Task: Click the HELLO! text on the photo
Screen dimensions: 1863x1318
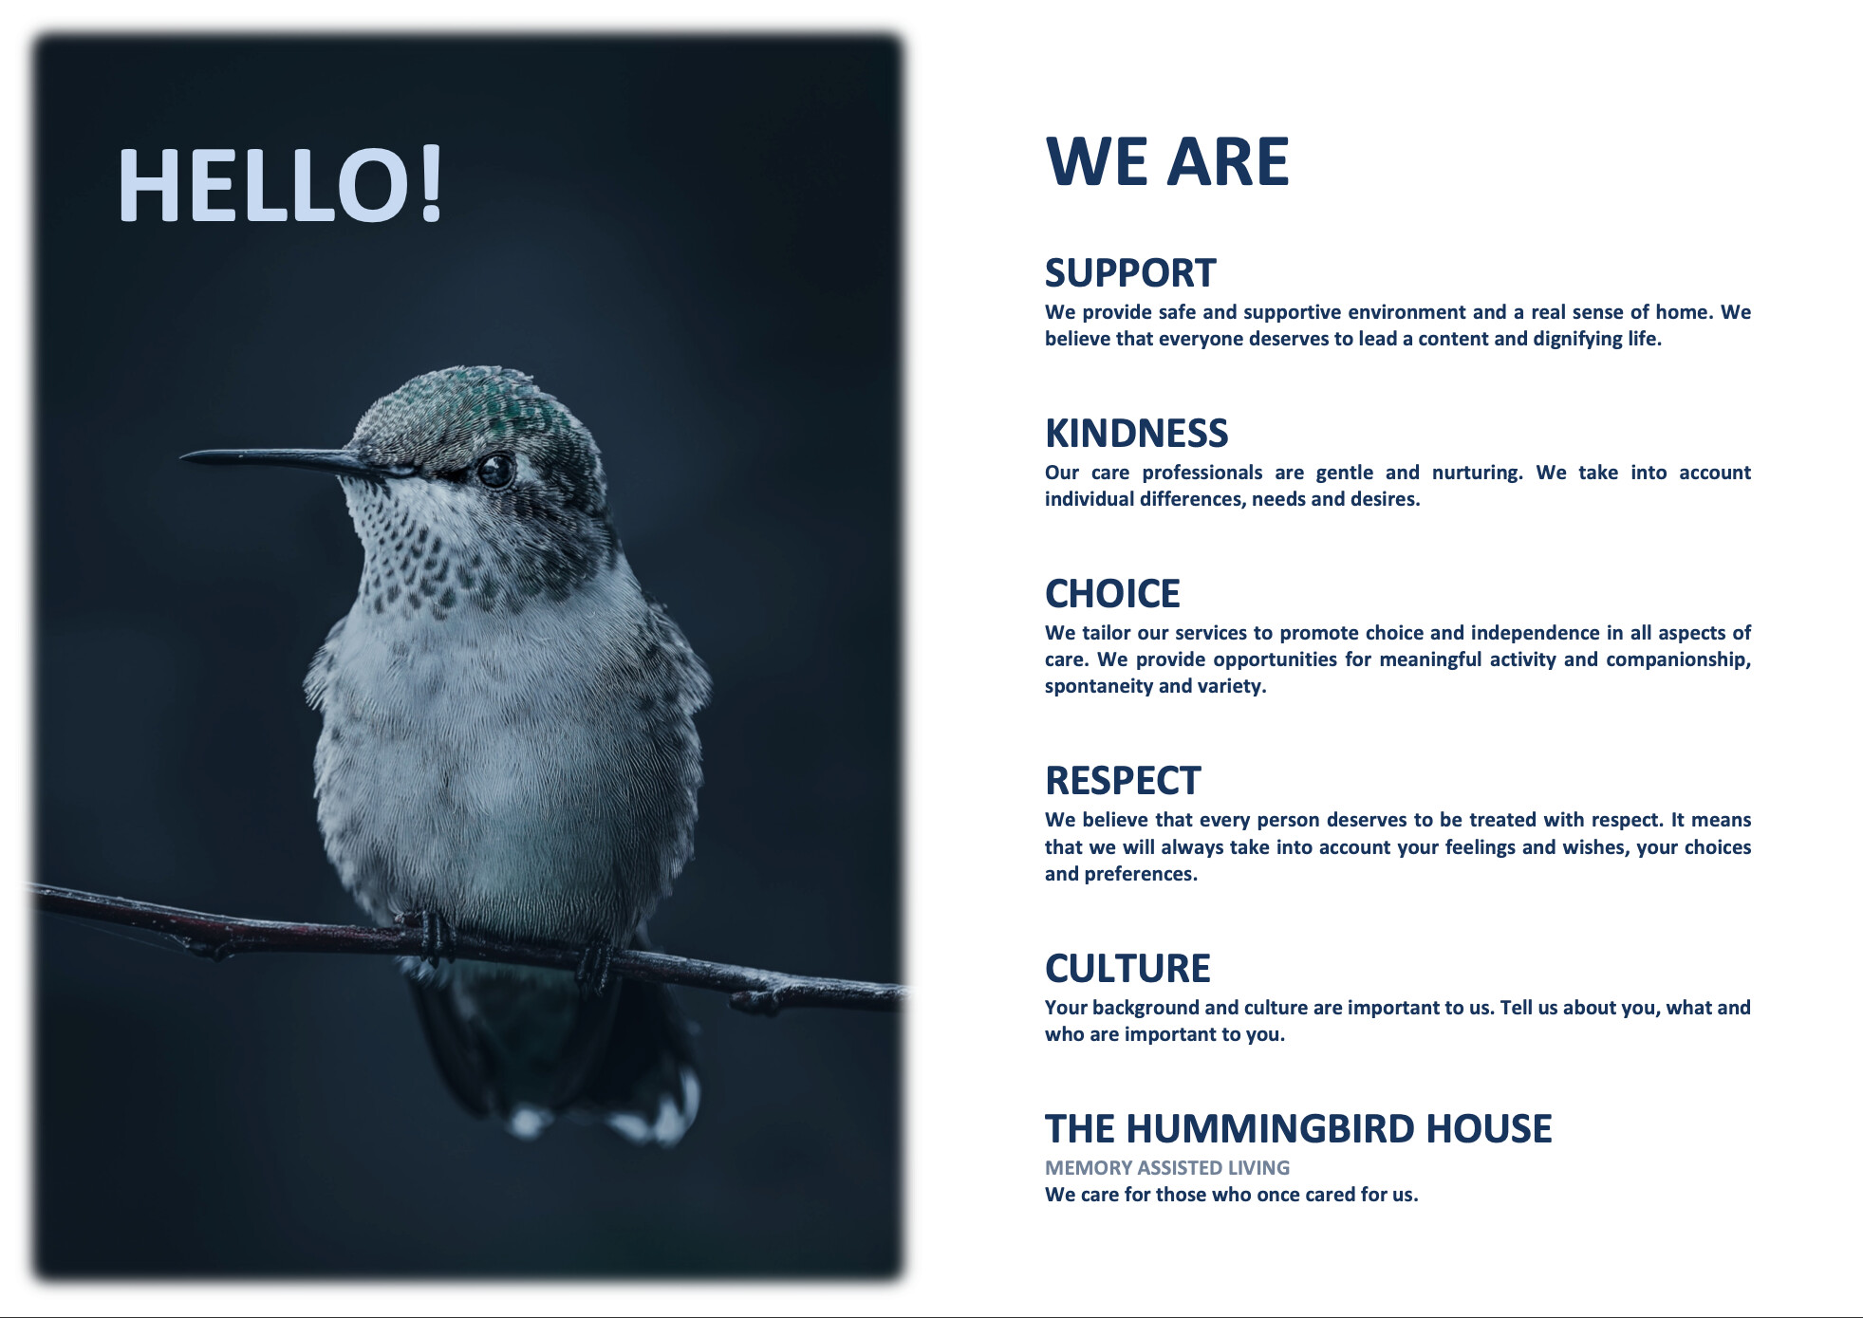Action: pos(280,184)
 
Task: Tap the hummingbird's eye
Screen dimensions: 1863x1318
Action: pos(494,470)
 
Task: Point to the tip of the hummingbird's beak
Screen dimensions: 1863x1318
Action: pos(181,456)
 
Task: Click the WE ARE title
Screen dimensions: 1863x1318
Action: pos(1166,161)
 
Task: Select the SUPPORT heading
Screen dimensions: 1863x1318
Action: pos(1129,273)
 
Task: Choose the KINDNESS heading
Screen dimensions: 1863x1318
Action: pos(1136,434)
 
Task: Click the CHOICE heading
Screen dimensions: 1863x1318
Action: pos(1112,594)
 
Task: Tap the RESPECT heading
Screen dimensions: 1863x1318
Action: pos(1123,781)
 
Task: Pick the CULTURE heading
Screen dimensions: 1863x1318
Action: pos(1127,969)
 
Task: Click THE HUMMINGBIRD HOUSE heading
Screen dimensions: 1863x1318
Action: pos(1298,1129)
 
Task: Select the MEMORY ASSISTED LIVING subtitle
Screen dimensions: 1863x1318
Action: pos(1167,1168)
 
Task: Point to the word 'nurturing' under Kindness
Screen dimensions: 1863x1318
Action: pos(1477,473)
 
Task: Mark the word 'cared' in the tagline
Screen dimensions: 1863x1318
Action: pos(1330,1195)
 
